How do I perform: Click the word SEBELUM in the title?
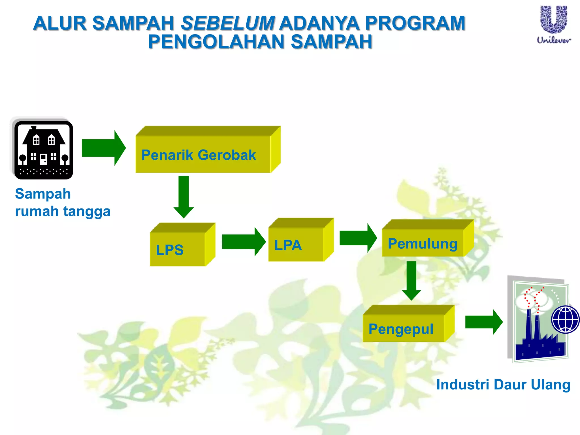click(x=228, y=23)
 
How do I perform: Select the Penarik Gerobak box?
click(x=203, y=154)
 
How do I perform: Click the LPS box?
click(x=178, y=249)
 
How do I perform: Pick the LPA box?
click(x=296, y=244)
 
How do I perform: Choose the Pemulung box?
click(x=423, y=243)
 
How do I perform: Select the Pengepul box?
click(x=404, y=328)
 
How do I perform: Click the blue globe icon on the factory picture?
click(x=565, y=319)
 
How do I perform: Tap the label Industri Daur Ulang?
click(x=503, y=385)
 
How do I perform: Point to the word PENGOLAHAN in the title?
click(x=216, y=42)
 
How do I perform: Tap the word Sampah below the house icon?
click(x=43, y=194)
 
